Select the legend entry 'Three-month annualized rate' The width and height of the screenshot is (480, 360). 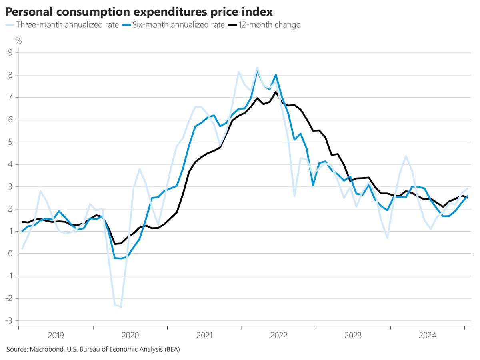[67, 25]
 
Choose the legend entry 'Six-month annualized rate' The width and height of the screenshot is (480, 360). [179, 25]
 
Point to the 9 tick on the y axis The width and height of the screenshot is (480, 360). [11, 53]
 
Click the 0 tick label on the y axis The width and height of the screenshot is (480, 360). [11, 254]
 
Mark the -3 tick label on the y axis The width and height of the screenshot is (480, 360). [9, 321]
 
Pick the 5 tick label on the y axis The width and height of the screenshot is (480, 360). [11, 142]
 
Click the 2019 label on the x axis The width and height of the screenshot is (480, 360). [56, 335]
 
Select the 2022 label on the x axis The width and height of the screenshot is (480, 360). [279, 335]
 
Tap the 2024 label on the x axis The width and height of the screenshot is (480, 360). [427, 335]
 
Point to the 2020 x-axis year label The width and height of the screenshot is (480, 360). [130, 335]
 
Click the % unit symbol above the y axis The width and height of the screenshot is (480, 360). [18, 40]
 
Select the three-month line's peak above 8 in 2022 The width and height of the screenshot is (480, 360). [257, 68]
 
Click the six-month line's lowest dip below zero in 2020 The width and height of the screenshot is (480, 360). [121, 258]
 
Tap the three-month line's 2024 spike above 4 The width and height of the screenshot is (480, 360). [406, 156]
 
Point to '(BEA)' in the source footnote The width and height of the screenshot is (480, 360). [172, 350]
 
